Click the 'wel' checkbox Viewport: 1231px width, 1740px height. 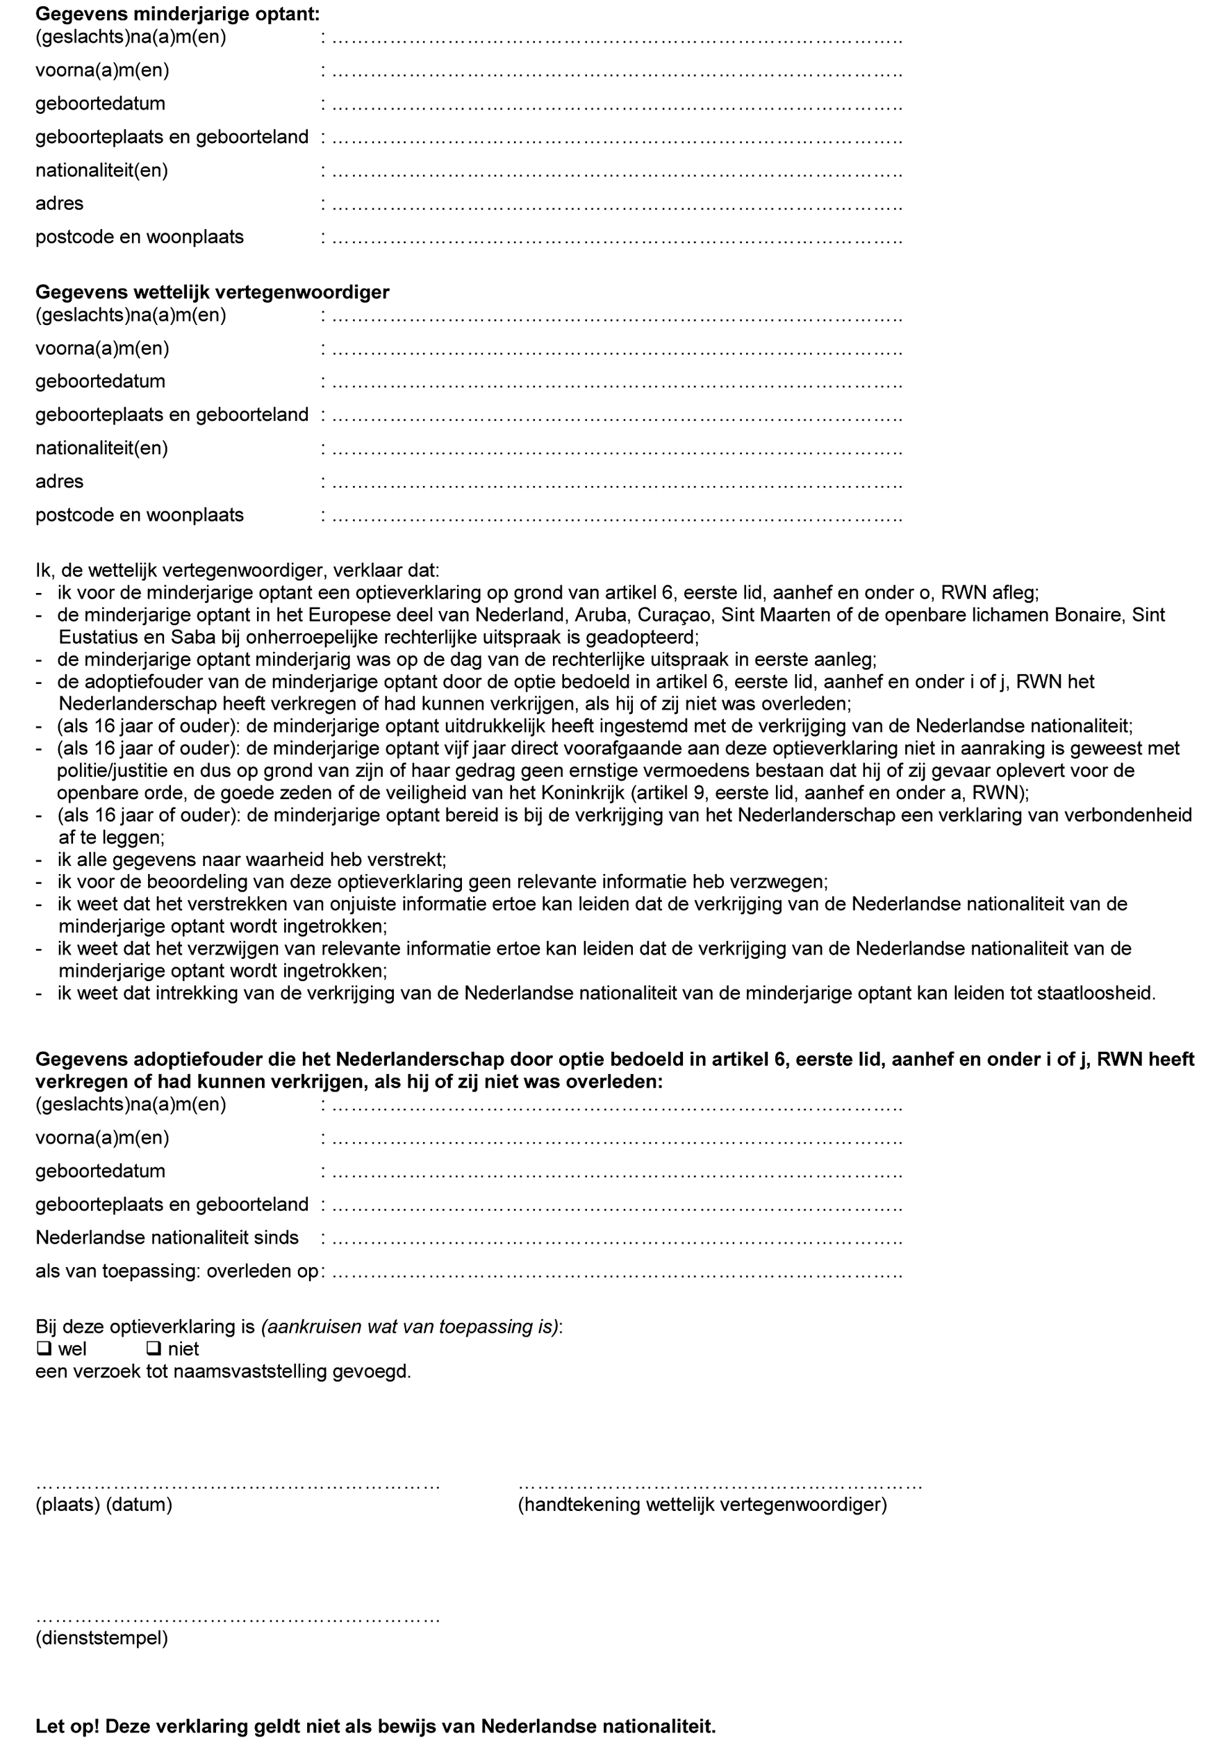tap(44, 1349)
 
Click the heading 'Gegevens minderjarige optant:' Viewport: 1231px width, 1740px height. tap(177, 14)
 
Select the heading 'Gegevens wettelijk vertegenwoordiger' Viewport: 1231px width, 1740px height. tap(213, 292)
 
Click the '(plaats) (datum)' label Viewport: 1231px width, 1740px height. tap(104, 1505)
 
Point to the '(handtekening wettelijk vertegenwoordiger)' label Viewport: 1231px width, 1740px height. tap(702, 1505)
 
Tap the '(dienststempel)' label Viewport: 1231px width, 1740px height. tap(101, 1638)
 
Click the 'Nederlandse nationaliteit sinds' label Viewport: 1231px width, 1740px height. tap(167, 1237)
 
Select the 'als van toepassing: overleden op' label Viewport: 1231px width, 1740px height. tap(176, 1271)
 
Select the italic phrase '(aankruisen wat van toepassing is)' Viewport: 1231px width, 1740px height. tap(409, 1327)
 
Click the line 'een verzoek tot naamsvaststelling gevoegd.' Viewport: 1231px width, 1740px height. tap(223, 1371)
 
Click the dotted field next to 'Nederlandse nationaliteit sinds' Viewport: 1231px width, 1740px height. tap(617, 1240)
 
